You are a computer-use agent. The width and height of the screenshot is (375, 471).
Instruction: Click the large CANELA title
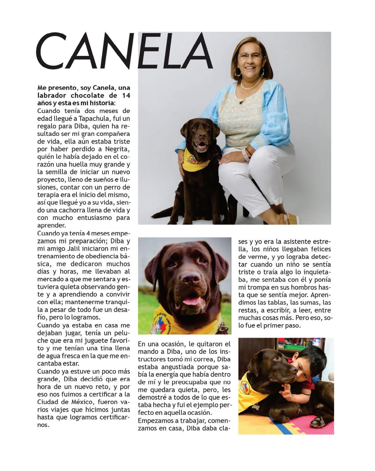[x=125, y=51]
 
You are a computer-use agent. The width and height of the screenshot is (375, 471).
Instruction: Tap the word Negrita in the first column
[x=118, y=149]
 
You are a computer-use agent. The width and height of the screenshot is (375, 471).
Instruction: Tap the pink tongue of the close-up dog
[x=190, y=301]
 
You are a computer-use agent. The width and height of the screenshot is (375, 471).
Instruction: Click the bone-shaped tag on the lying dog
[x=257, y=406]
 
